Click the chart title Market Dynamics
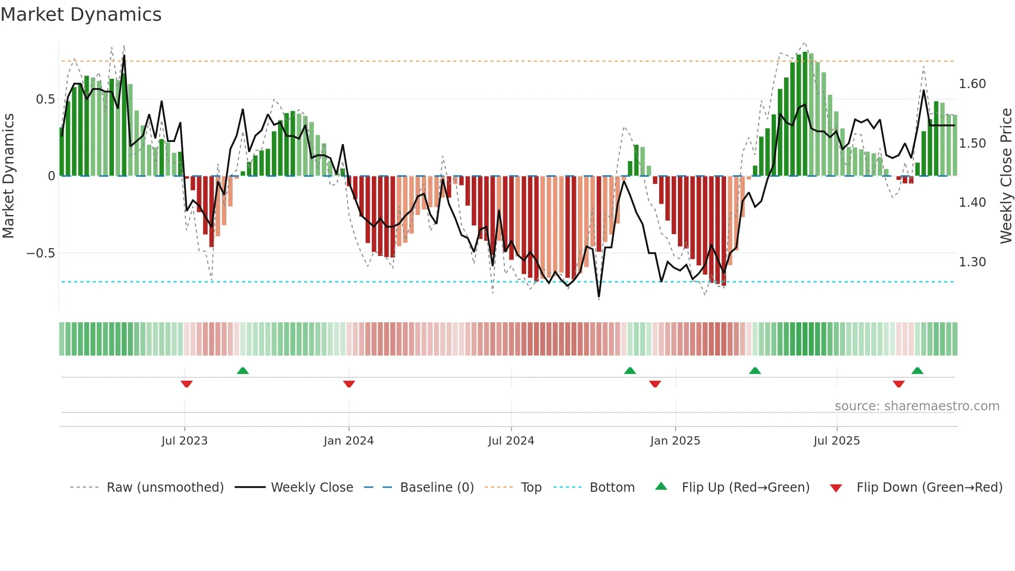81,15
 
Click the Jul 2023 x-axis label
184,441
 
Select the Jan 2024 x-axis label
349,441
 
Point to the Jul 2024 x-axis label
511,441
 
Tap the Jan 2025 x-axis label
675,441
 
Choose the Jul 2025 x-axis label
837,441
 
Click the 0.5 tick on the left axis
46,99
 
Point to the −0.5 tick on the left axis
41,253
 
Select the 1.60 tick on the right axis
973,84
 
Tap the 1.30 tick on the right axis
973,262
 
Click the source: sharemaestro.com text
917,406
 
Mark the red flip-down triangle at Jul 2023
186,384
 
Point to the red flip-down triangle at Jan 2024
349,384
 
